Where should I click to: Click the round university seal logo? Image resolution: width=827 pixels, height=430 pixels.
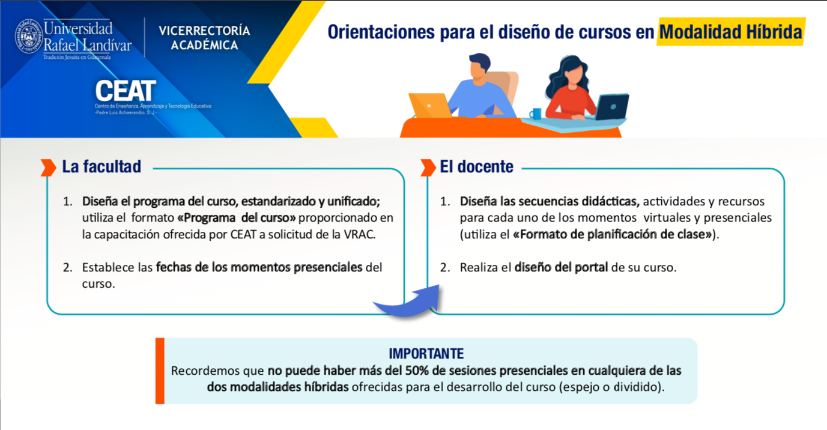coord(28,37)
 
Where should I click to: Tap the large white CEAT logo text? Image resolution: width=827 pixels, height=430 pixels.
coord(126,91)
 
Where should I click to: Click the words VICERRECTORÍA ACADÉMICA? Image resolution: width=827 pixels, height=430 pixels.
coord(204,38)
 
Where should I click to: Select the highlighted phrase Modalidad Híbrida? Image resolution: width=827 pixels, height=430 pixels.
coord(731,32)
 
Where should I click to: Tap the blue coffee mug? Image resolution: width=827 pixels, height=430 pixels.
coord(535,114)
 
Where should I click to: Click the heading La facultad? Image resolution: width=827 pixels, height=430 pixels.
coord(101,167)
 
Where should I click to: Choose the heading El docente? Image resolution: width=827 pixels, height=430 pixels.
coord(476,167)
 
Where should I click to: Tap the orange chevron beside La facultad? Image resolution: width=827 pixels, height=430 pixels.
coord(48,168)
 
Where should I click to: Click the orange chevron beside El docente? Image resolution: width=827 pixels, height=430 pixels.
coord(428,168)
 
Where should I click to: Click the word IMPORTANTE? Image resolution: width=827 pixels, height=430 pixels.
coord(426,354)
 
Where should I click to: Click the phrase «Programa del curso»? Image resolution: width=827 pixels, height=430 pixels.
coord(236,218)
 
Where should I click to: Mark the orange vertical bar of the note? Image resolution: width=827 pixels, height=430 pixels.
coord(160,371)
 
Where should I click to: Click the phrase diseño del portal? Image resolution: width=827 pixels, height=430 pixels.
coord(561,268)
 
